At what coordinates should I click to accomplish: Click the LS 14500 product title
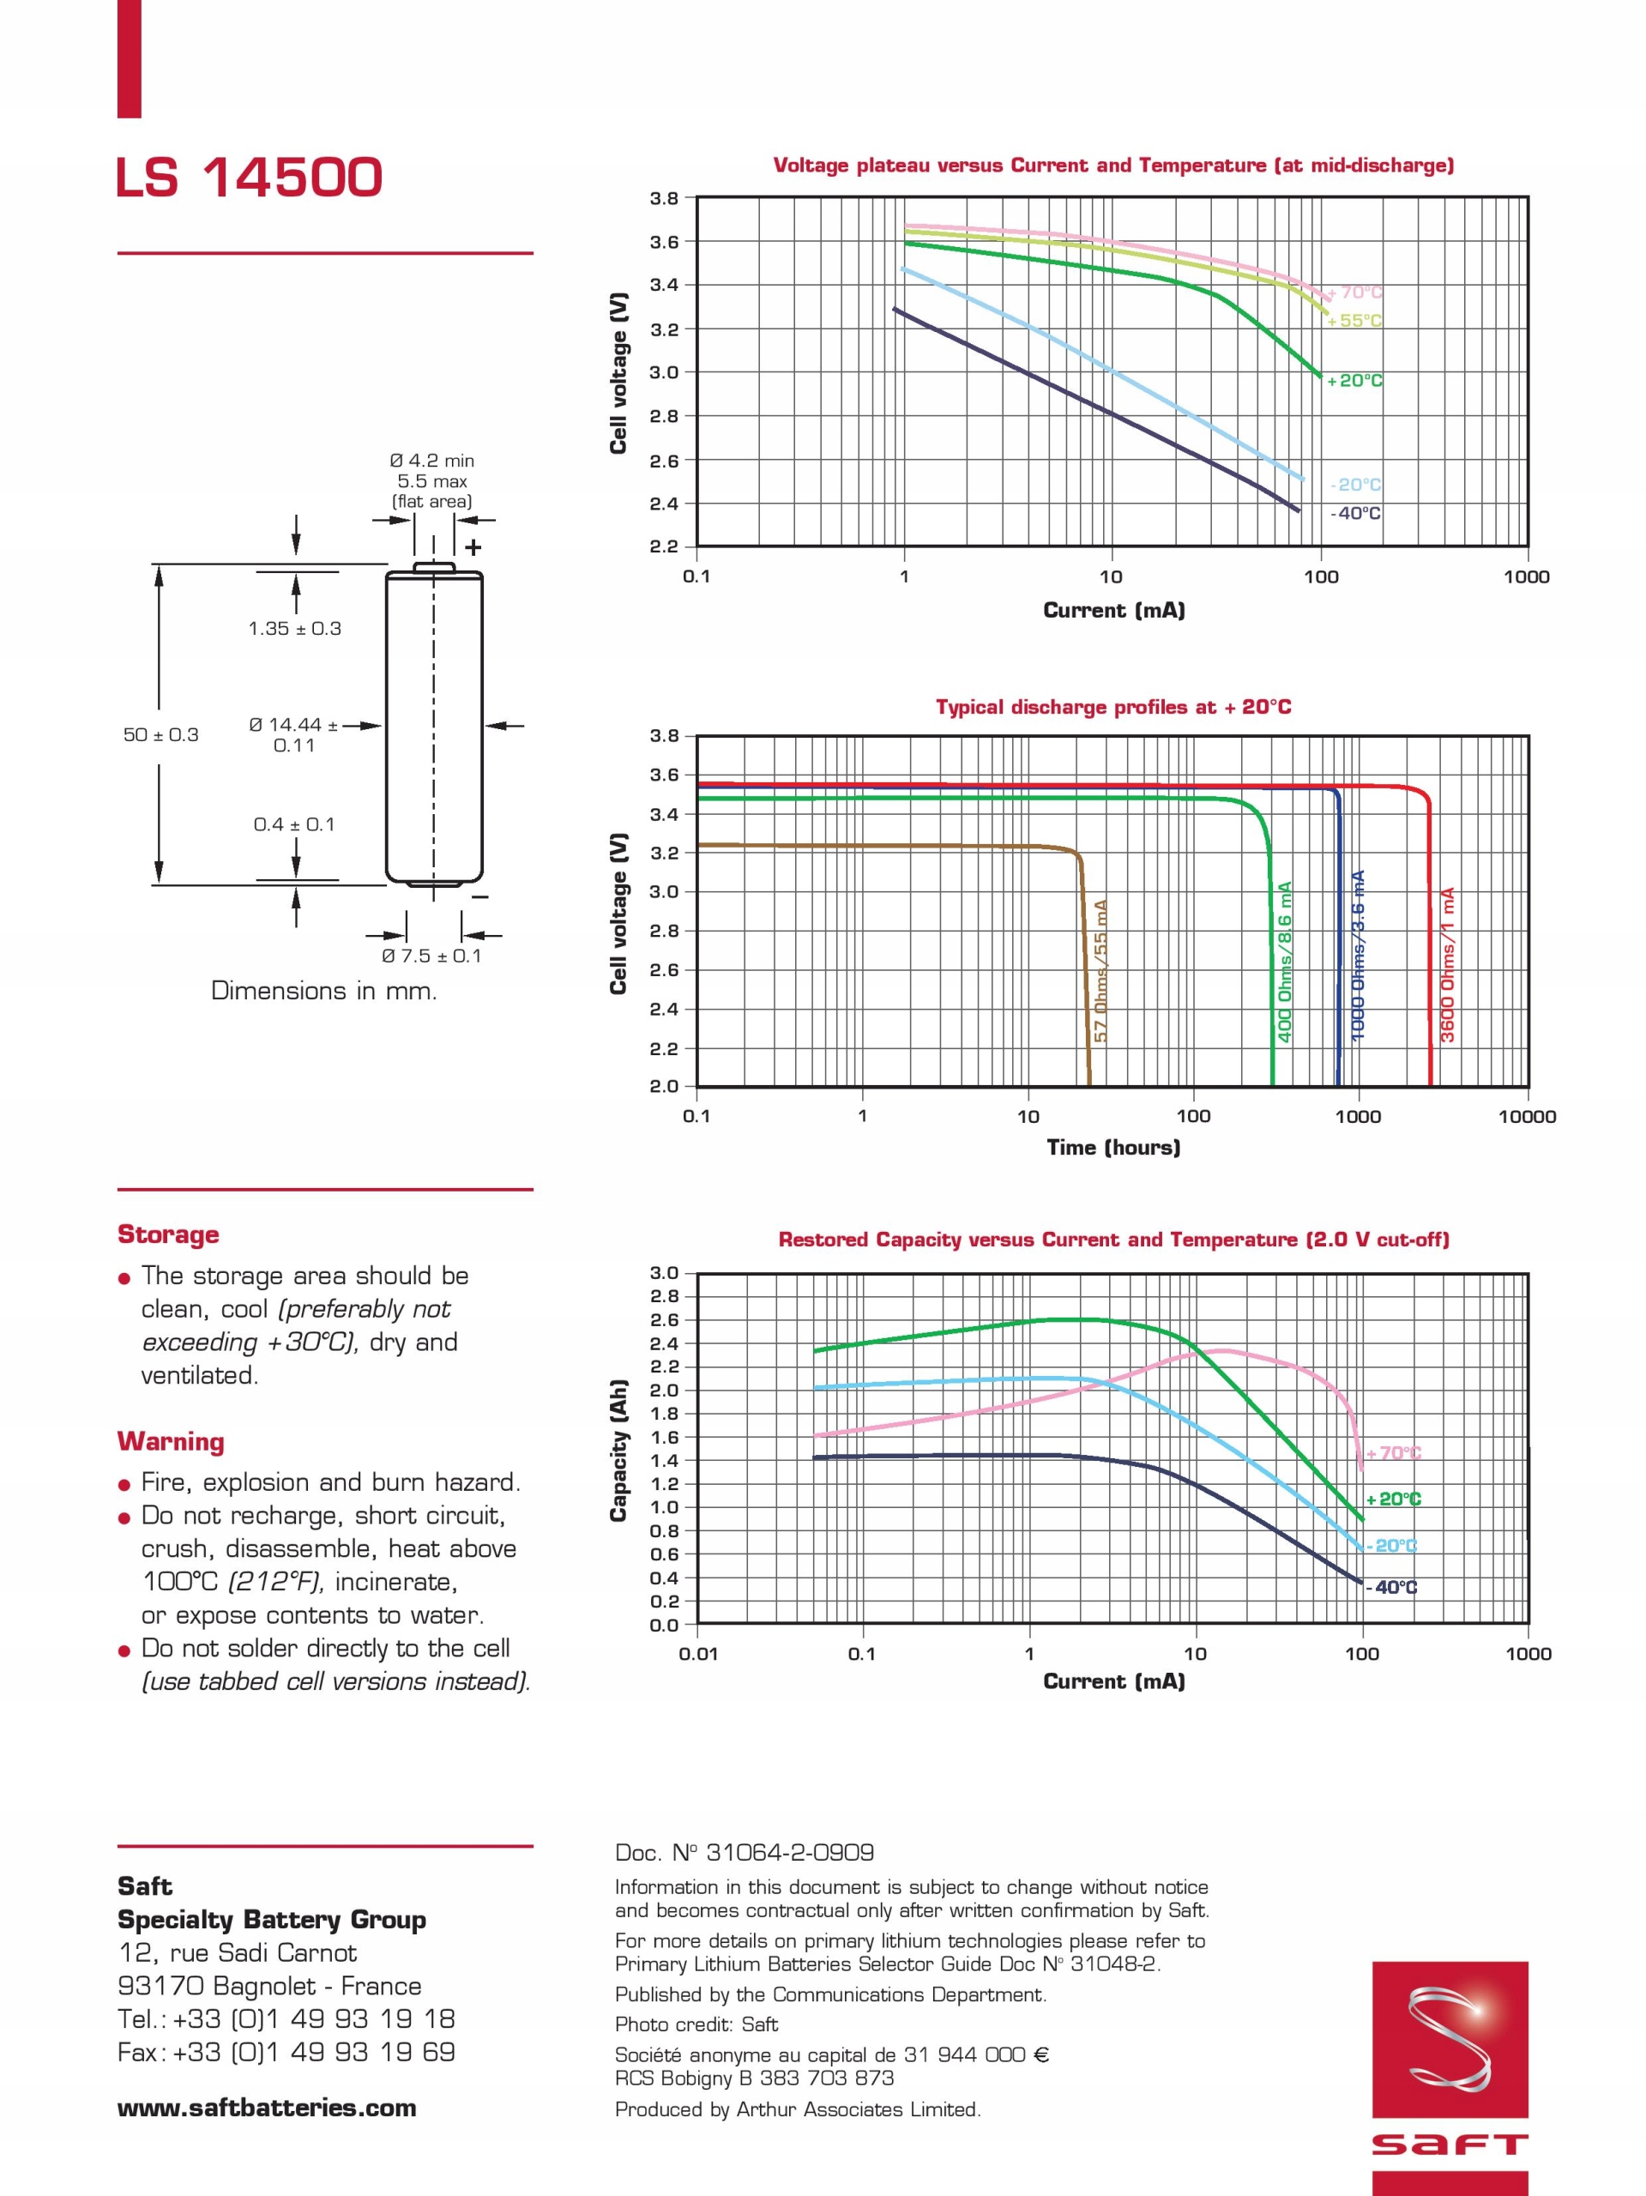[x=250, y=178]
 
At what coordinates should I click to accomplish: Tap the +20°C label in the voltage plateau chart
[x=1354, y=380]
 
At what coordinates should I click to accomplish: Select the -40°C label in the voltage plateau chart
[x=1355, y=513]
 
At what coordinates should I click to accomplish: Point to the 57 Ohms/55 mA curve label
[x=1100, y=970]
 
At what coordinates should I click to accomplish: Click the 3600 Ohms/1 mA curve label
[x=1448, y=964]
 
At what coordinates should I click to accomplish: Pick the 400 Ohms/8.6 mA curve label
[x=1285, y=961]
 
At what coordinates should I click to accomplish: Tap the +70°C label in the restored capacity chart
[x=1394, y=1453]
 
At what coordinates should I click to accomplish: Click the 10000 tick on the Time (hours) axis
[x=1526, y=1116]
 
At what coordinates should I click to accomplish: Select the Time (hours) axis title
[x=1112, y=1148]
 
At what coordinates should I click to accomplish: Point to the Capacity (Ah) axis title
[x=618, y=1450]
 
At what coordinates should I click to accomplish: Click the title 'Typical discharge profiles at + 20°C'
[x=1112, y=707]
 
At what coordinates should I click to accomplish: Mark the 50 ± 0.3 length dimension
[x=161, y=734]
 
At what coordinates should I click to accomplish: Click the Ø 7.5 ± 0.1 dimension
[x=431, y=956]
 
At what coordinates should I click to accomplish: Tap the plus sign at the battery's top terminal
[x=473, y=547]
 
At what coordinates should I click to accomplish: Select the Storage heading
[x=168, y=1234]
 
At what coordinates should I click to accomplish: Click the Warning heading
[x=171, y=1440]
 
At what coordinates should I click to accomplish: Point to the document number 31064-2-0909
[x=745, y=1851]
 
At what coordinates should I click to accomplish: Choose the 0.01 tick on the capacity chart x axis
[x=697, y=1654]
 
